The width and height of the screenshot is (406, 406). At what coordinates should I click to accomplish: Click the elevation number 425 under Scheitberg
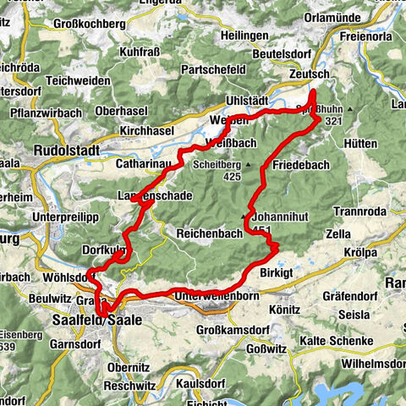click(236, 177)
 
